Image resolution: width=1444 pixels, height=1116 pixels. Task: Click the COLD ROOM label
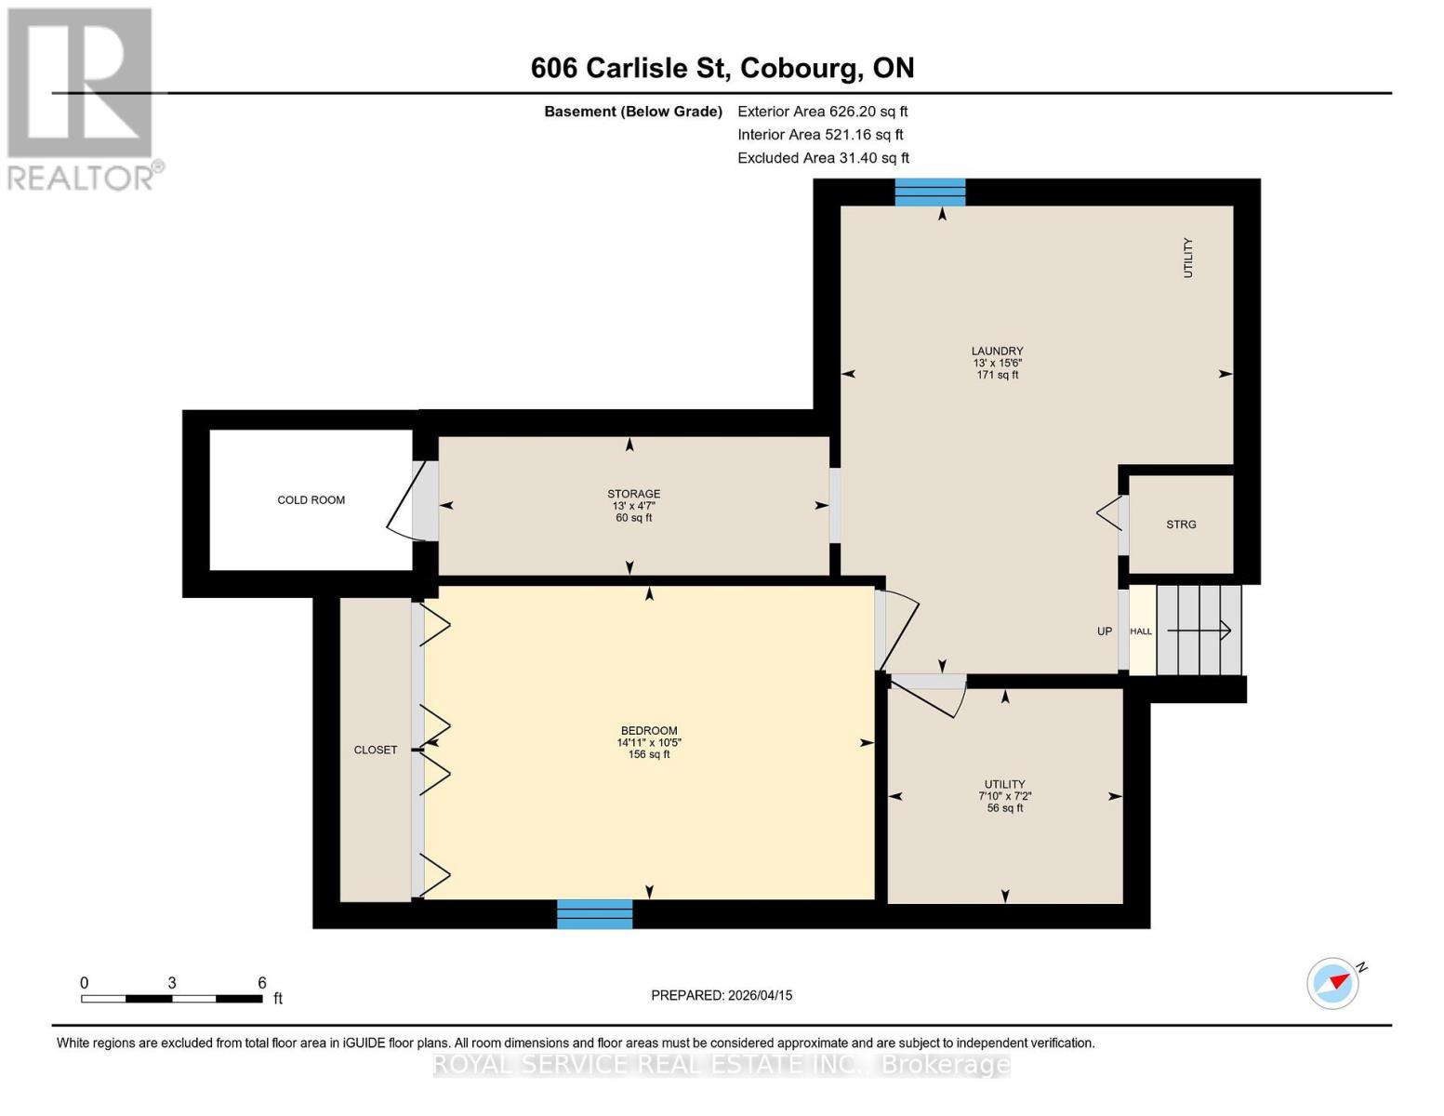[x=311, y=500]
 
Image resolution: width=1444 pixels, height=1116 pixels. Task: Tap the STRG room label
[x=1181, y=525]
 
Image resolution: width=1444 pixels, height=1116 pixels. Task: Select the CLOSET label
[x=376, y=750]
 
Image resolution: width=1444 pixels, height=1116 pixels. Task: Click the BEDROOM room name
[x=649, y=731]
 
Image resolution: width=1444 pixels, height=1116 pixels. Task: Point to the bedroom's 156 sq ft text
[x=649, y=754]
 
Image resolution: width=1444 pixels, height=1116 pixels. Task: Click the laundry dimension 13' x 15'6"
[x=997, y=364]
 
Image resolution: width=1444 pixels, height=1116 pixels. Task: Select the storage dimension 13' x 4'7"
[x=634, y=506]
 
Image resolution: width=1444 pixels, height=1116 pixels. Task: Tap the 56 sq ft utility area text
[x=1004, y=808]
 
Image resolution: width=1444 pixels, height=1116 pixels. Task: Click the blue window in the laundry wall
[x=930, y=193]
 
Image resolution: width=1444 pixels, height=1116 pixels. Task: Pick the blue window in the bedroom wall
[x=594, y=914]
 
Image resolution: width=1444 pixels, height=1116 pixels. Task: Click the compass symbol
[x=1333, y=982]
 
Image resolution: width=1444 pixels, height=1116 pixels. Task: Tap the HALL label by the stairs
[x=1141, y=631]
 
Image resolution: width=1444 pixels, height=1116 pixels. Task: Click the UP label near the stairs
[x=1105, y=631]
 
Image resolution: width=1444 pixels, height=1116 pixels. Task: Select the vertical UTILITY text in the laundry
[x=1187, y=258]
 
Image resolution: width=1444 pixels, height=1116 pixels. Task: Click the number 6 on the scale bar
[x=262, y=983]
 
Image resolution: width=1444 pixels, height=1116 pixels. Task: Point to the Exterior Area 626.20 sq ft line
[x=822, y=112]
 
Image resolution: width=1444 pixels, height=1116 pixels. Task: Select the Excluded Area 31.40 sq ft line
[x=823, y=158]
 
